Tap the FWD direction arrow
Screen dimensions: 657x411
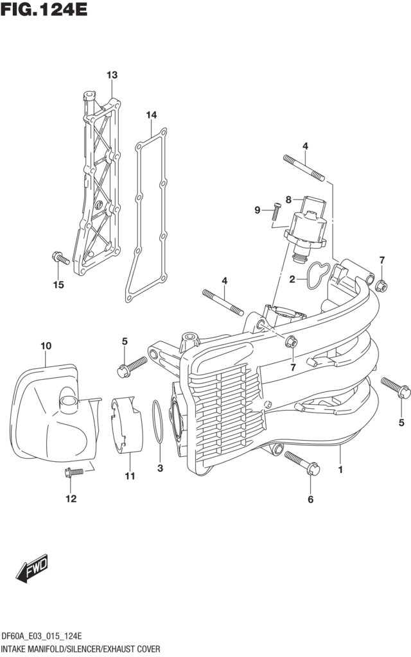click(31, 568)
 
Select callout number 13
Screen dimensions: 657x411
click(112, 76)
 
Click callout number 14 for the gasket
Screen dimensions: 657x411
click(151, 115)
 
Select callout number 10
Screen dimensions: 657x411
click(45, 346)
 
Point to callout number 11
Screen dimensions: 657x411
click(130, 475)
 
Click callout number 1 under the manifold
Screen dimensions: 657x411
click(340, 470)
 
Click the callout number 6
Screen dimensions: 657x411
click(311, 500)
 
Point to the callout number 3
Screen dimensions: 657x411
click(161, 468)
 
